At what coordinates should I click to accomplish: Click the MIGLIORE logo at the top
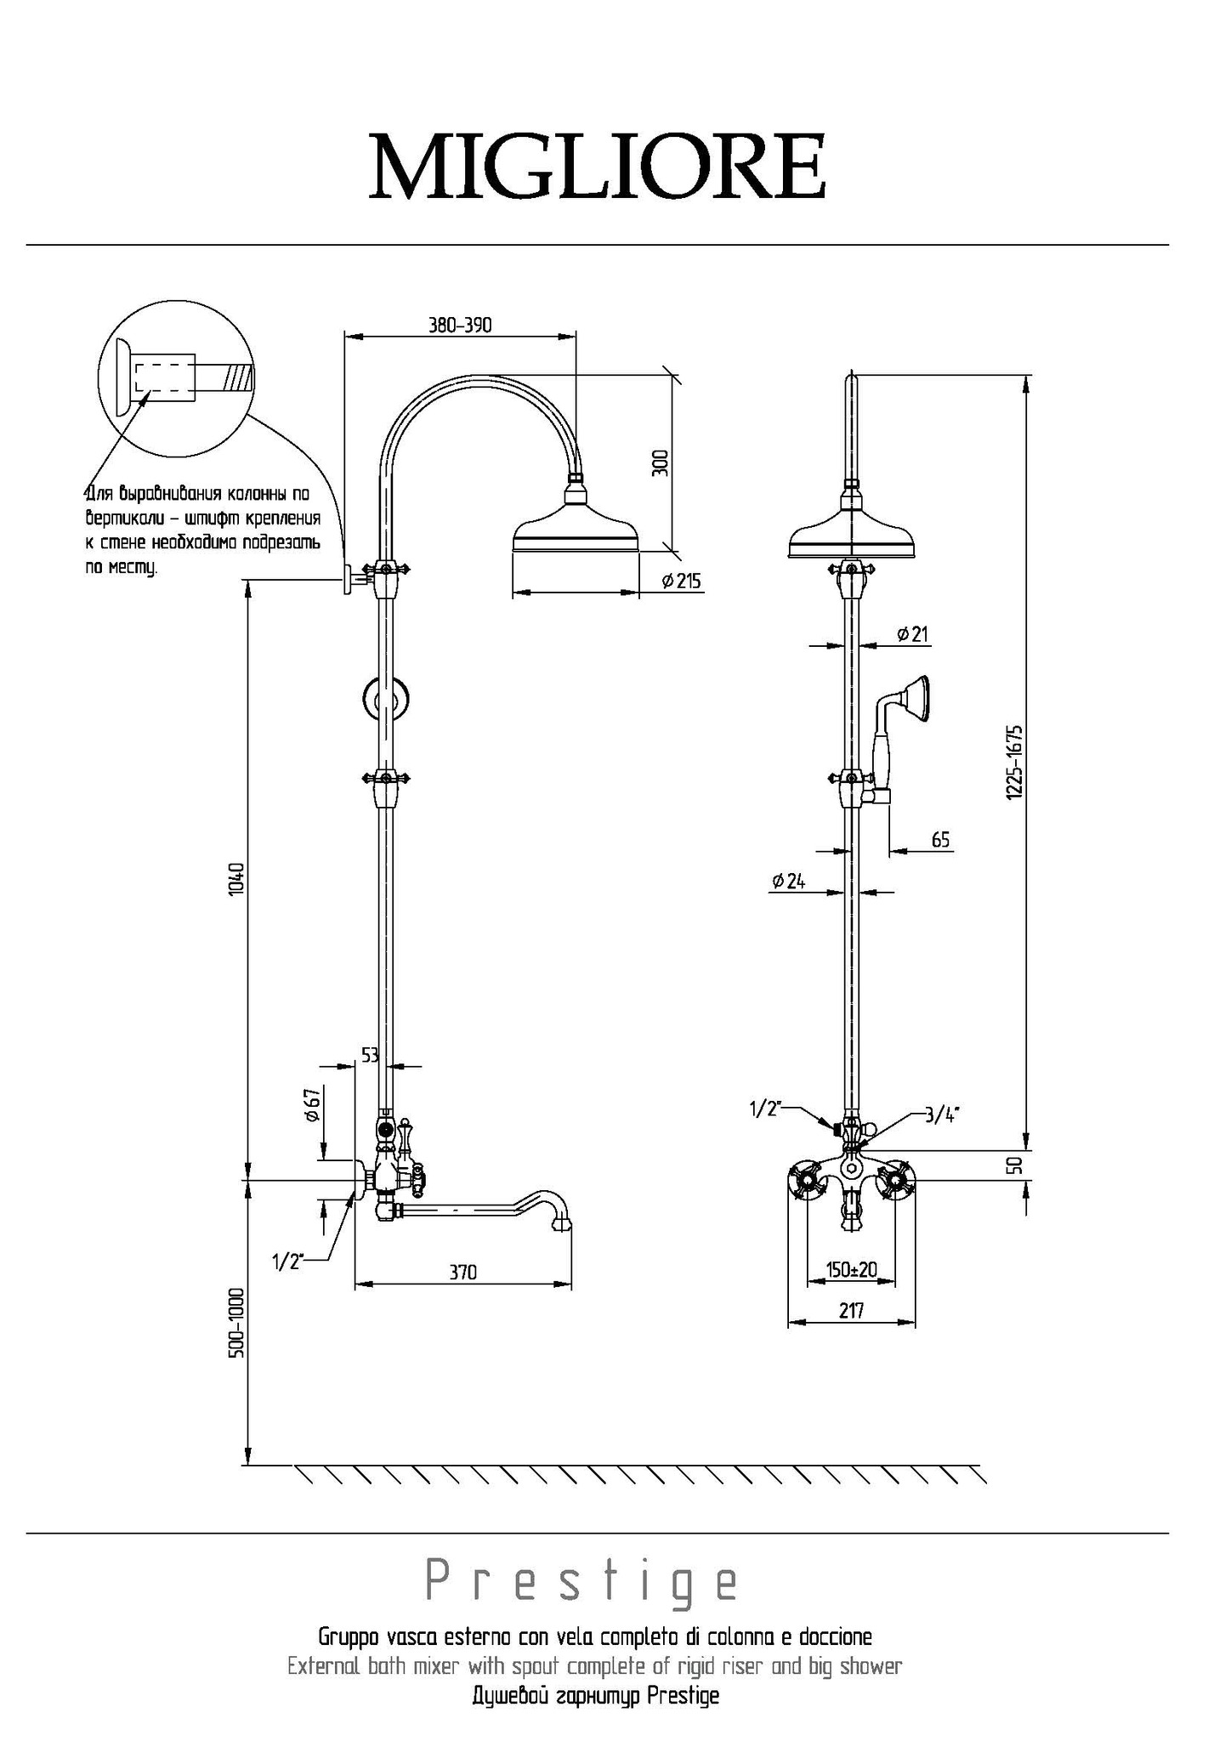coord(598,166)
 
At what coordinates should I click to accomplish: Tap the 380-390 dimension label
coord(460,325)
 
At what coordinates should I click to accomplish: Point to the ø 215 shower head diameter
coord(681,581)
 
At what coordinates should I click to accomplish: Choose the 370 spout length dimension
coord(463,1272)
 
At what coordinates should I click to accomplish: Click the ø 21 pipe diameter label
coord(913,633)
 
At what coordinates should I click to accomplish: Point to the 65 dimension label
coord(940,840)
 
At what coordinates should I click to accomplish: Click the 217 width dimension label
coord(851,1311)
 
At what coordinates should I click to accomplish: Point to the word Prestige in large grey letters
coord(582,1581)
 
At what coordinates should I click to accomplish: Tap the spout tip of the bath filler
coord(562,1227)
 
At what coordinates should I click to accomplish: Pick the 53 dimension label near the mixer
coord(370,1055)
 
